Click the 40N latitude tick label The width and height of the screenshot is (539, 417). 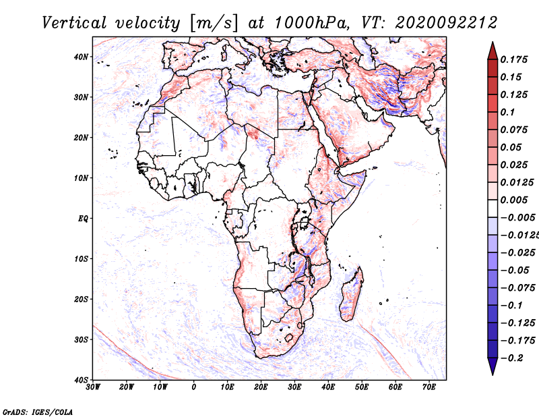81,57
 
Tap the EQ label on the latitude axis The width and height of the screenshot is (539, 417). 83,219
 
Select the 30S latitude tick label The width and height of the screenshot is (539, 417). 81,340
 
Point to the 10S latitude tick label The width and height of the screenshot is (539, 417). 81,259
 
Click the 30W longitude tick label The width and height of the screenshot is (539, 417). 93,387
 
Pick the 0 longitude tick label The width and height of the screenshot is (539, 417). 194,387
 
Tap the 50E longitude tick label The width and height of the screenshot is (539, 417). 362,387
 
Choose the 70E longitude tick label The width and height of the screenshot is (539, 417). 429,387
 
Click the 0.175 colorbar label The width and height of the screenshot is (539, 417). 514,59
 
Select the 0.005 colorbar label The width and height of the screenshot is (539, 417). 514,200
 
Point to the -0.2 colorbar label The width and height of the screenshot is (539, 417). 511,358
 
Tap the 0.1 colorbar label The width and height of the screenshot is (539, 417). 508,112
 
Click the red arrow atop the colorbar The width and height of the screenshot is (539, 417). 493,51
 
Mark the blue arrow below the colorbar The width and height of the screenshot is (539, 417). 493,366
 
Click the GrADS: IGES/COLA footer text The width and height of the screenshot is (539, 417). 38,412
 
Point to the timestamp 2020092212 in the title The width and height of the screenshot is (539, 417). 446,23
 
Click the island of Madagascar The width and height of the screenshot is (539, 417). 352,294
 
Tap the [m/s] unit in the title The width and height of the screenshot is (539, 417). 214,23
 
